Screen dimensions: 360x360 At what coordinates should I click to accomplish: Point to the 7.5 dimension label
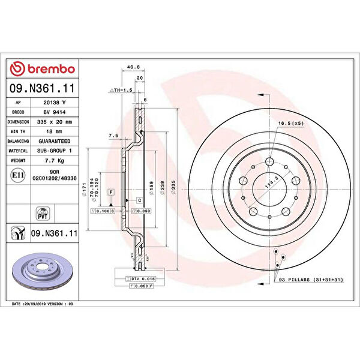pos(113,136)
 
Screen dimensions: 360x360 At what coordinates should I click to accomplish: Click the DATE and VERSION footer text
pos(43,304)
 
